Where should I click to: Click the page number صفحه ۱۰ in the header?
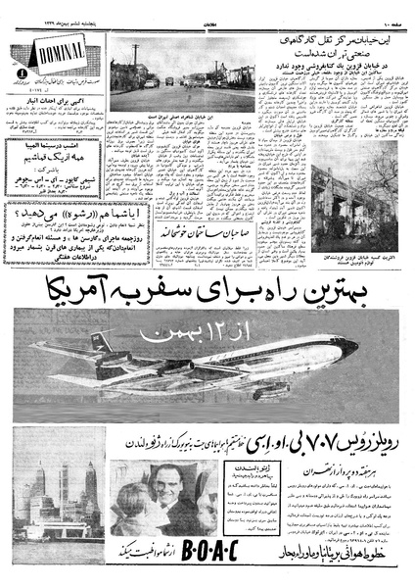pyautogui.click(x=391, y=11)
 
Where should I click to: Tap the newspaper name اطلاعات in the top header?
pyautogui.click(x=207, y=11)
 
